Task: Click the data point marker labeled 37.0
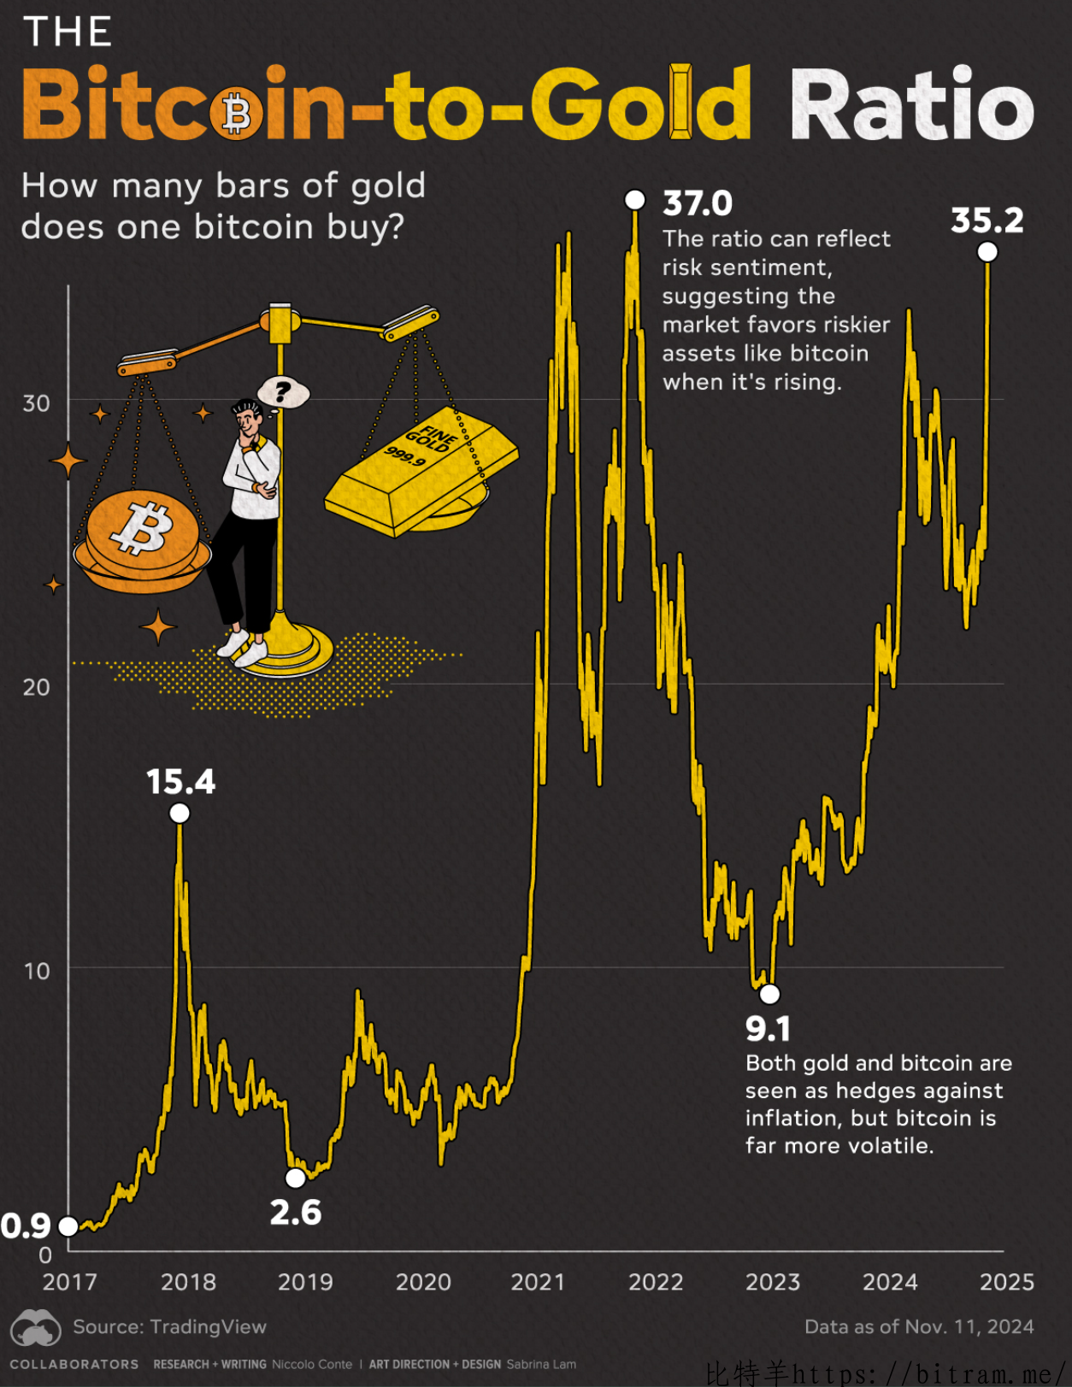634,200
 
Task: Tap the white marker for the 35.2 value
987,252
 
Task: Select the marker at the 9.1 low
769,994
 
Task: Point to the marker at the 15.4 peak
180,813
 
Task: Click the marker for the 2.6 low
296,1178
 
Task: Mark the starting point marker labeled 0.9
68,1227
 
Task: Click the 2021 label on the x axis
538,1282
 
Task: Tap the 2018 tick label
188,1282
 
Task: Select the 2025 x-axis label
1006,1282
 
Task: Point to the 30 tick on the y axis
37,403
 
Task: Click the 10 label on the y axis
37,971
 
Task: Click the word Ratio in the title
911,104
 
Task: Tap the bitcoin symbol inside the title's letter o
237,114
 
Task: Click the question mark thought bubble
283,392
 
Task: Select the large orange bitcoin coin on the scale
143,531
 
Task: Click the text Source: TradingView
169,1326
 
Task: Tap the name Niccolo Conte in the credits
311,1364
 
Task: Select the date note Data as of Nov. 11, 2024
919,1326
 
